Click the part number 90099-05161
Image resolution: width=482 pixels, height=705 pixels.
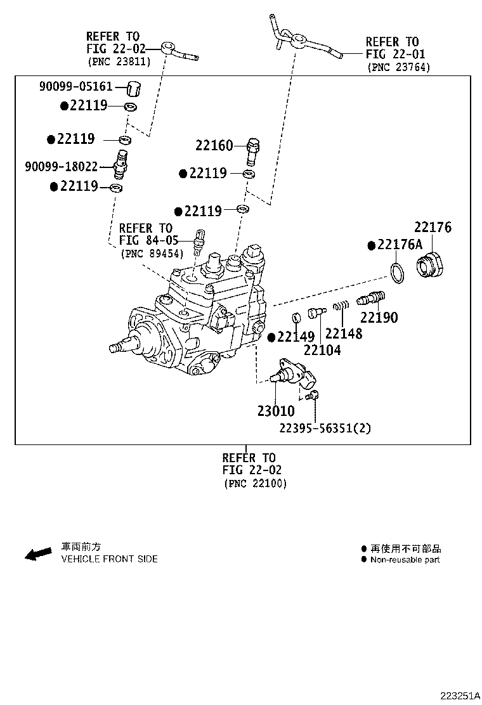click(x=75, y=87)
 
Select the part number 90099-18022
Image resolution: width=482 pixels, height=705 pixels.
click(x=62, y=167)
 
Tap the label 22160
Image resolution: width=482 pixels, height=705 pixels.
click(x=214, y=146)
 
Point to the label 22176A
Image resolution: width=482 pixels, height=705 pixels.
click(x=399, y=245)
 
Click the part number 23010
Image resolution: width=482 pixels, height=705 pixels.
click(x=275, y=411)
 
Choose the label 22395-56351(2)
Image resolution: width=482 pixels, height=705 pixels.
click(x=325, y=428)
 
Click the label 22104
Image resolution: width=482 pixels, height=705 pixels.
click(x=322, y=349)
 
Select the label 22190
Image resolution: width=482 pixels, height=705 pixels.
click(x=379, y=318)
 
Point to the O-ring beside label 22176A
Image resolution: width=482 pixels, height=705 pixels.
click(x=397, y=275)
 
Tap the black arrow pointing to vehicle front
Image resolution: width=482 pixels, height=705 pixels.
click(x=38, y=553)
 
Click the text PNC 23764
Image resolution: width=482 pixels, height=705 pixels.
click(x=398, y=67)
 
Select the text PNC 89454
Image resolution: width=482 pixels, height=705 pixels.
click(x=152, y=254)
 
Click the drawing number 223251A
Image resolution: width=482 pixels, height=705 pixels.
click(x=455, y=695)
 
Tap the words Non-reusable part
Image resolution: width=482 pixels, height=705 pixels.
click(x=405, y=559)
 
